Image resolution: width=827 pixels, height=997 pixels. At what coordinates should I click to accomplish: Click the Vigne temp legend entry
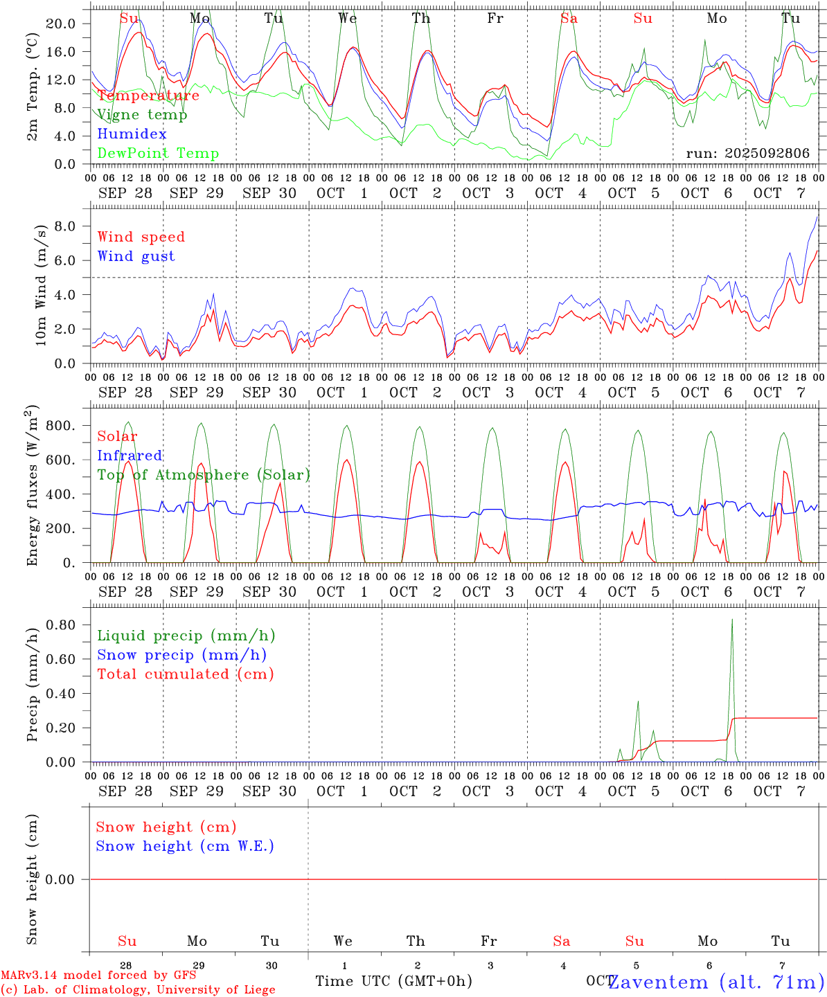pos(142,115)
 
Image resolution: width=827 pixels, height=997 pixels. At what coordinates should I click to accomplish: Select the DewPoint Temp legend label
pos(158,154)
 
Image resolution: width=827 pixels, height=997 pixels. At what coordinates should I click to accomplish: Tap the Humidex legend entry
pos(132,134)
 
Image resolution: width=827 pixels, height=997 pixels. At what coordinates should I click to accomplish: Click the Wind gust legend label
pos(136,256)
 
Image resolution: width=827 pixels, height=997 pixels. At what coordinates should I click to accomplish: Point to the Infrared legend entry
pos(130,456)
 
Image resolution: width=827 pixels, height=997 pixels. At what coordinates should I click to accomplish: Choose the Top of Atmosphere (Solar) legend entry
pos(203,475)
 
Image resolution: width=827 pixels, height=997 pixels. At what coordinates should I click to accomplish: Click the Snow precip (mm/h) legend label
pos(181,655)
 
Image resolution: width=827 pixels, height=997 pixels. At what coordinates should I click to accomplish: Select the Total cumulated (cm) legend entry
pos(185,674)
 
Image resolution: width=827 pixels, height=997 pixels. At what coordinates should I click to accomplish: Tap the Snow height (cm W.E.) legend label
pos(184,846)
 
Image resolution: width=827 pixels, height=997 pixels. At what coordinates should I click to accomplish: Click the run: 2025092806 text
pos(747,154)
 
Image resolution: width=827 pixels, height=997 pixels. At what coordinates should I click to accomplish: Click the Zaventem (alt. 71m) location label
pos(716,982)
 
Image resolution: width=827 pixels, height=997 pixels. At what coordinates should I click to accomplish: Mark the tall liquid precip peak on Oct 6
pos(732,620)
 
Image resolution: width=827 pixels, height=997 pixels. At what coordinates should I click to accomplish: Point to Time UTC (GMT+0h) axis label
pos(393,981)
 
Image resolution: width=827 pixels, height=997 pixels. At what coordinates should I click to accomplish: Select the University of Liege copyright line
pos(138,990)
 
